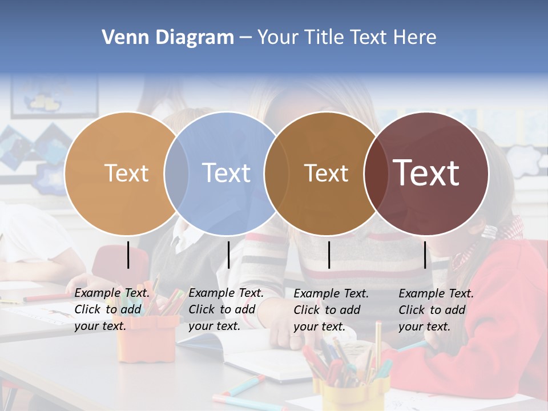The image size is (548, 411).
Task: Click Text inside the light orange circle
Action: [126, 173]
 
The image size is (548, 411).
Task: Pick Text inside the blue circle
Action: [226, 173]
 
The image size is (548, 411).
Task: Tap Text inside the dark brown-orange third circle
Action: [326, 173]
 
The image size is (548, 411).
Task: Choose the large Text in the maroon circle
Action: [426, 172]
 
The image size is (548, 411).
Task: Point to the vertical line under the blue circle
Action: [228, 255]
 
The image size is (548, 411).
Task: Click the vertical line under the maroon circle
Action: [425, 255]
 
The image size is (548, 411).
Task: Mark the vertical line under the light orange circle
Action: [128, 255]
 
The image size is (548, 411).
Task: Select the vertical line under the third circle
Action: [329, 255]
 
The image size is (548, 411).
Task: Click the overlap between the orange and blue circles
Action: [176, 173]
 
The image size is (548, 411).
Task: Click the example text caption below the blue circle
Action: [226, 309]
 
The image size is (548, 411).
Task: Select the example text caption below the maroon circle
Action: [436, 310]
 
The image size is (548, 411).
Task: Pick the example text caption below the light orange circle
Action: [112, 309]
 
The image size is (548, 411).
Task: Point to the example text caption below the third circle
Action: [331, 310]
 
